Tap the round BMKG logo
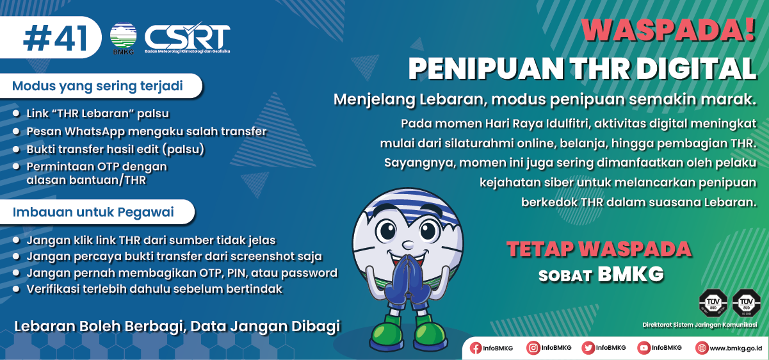(124, 37)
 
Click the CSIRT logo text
(187, 36)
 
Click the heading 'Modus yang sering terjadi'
(97, 86)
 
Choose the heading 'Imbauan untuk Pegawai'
(93, 212)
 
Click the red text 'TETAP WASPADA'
(599, 249)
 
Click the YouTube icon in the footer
(644, 348)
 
